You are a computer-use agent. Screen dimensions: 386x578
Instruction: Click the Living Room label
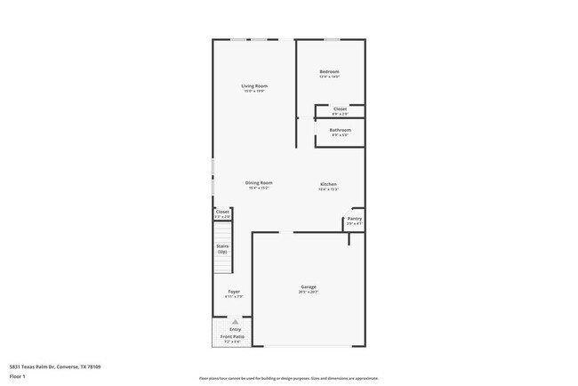(253, 86)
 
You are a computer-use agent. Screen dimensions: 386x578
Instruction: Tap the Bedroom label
(329, 72)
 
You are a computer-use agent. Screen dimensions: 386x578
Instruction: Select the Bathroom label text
(340, 130)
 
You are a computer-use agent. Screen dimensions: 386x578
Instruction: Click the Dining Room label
(259, 182)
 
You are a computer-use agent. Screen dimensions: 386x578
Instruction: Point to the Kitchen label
(328, 184)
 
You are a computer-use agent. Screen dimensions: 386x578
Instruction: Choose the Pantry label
(354, 218)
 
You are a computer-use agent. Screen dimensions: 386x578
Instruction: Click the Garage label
(309, 286)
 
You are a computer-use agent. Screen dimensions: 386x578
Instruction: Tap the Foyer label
(234, 291)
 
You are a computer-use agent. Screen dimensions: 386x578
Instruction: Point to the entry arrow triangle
(235, 322)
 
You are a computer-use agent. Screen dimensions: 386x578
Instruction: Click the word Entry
(235, 329)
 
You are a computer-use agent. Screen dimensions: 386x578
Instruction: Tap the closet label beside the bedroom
(340, 109)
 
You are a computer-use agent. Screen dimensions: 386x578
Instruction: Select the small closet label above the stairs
(222, 212)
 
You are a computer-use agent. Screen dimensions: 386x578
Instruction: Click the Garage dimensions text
(309, 292)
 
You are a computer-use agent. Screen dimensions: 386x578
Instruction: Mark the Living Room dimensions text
(253, 92)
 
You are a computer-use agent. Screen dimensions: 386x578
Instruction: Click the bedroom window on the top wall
(331, 39)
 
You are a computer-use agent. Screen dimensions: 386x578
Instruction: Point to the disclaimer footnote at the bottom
(288, 377)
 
